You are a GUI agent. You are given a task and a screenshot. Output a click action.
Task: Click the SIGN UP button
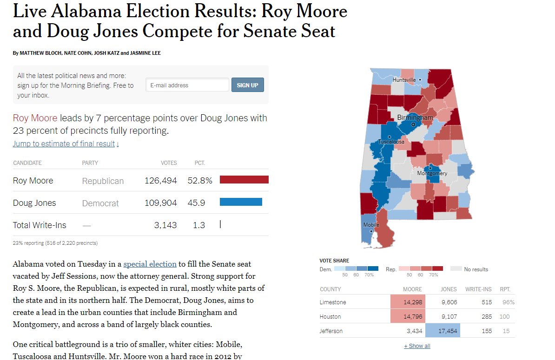point(247,85)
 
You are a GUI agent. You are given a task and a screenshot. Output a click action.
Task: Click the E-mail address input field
point(187,85)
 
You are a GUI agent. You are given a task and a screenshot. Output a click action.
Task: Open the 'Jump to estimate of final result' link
point(66,144)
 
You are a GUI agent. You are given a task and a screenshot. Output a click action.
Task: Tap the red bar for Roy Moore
point(244,180)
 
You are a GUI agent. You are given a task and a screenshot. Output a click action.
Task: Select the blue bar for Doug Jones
point(241,202)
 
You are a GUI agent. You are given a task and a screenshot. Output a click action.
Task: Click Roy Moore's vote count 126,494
point(161,181)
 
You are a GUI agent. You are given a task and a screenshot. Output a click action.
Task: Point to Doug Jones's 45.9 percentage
point(196,203)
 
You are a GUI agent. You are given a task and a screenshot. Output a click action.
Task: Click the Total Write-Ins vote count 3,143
point(165,225)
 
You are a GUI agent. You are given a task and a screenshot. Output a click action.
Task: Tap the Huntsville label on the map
point(404,80)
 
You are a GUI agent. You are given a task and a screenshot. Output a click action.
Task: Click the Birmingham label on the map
point(415,118)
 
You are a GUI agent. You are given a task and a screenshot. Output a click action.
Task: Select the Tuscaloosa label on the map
point(391,142)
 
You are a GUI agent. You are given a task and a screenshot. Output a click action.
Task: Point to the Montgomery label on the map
point(432,173)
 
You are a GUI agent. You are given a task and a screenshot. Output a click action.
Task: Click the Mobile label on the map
point(371,225)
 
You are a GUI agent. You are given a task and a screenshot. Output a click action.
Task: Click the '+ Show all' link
point(417,346)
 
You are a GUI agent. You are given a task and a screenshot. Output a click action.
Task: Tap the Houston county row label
point(330,316)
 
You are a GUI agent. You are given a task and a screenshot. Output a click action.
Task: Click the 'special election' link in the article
point(150,264)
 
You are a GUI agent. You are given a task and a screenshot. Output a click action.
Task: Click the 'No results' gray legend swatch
point(456,269)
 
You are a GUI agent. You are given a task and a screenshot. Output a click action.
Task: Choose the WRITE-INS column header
point(478,289)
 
